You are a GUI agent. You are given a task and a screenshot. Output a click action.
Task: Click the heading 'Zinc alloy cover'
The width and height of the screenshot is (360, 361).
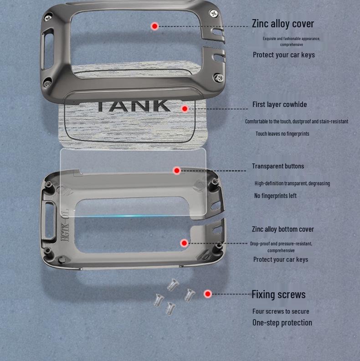pos(283,24)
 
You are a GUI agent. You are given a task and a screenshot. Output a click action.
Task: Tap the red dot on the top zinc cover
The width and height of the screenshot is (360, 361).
pos(154,26)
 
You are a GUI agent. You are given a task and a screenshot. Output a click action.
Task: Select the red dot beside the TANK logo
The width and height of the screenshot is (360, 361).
pos(185,109)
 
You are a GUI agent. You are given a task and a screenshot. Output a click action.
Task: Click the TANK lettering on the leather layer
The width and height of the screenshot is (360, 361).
pos(134,106)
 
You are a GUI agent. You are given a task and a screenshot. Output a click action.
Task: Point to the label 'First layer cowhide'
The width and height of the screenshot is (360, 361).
pos(279,105)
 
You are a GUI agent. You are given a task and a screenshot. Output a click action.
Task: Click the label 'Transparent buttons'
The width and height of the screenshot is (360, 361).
pos(278,166)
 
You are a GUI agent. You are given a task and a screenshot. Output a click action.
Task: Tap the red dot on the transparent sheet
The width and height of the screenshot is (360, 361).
pos(177,171)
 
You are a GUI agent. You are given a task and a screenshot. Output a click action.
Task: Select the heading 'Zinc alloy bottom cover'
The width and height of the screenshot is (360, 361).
pos(283,229)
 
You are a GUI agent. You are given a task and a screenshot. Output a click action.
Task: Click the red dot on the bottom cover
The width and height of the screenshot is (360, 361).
pos(184,243)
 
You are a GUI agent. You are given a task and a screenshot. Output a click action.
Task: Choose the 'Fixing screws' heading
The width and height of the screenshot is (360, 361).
pos(278,295)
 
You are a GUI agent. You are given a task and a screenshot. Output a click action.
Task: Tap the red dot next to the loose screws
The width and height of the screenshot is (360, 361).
pos(208,294)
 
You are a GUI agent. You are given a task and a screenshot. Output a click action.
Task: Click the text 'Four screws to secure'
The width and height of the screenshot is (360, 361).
pos(281,311)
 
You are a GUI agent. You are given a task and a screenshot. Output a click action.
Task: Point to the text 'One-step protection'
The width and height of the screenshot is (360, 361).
pos(282,323)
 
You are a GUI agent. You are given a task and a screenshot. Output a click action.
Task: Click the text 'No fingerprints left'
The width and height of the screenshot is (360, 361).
pos(275,196)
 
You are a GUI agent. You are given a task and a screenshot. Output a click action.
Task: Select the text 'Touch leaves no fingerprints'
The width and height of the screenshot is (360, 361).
pos(282,134)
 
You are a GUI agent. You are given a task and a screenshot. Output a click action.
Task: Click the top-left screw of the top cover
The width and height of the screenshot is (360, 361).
pos(48,18)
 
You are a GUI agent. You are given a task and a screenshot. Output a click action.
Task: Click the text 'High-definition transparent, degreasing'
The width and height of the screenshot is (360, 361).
pos(292,183)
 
